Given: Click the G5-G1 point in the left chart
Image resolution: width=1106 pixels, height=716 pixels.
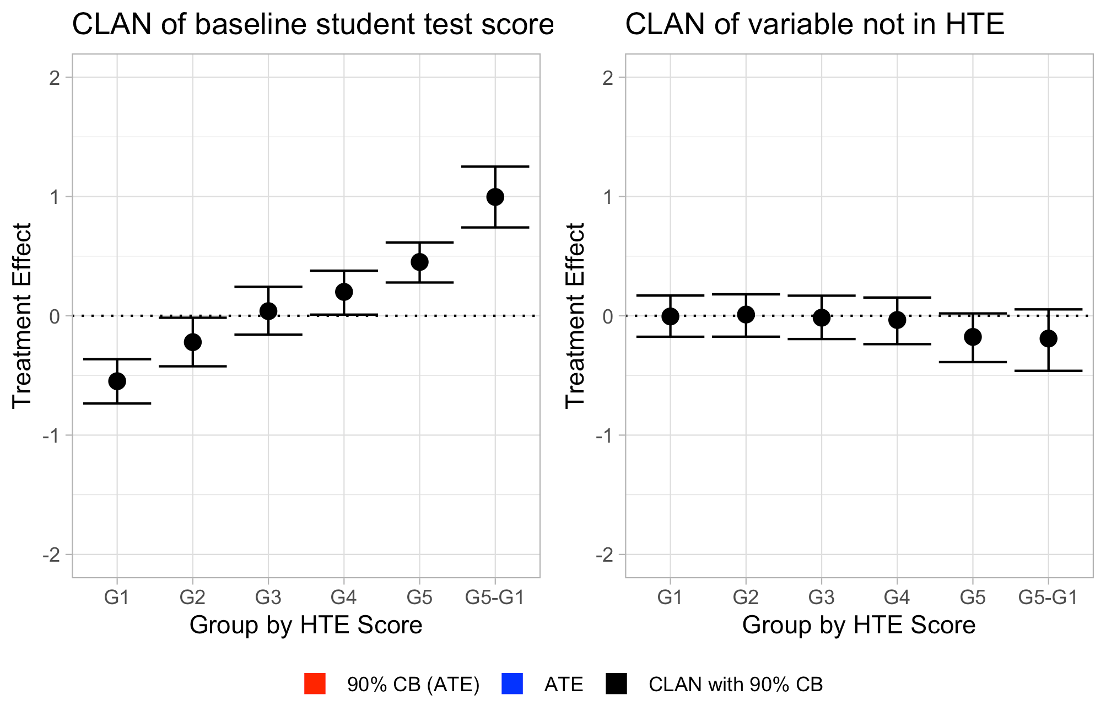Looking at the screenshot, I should (495, 197).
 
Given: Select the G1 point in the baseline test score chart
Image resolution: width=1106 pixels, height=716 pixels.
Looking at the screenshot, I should (117, 381).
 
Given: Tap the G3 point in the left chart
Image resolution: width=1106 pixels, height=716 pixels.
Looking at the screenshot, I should (268, 311).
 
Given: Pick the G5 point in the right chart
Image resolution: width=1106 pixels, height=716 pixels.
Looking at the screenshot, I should (973, 337).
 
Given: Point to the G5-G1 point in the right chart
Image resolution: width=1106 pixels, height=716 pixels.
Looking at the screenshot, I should (1048, 338).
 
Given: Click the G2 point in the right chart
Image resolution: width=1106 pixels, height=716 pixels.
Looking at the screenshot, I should (746, 315).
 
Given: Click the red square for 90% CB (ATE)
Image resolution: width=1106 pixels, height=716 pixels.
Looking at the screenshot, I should (315, 684).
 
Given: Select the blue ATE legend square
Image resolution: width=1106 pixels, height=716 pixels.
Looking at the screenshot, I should (512, 684).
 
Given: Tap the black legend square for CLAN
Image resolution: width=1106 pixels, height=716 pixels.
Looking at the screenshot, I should (616, 684).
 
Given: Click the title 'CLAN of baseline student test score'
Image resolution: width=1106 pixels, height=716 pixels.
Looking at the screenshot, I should (313, 25).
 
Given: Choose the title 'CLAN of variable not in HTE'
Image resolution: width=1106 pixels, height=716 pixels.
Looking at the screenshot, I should (814, 25).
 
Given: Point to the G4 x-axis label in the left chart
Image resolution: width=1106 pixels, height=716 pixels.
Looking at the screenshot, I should (344, 597).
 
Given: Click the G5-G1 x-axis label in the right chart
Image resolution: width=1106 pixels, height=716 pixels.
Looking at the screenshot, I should (1048, 597).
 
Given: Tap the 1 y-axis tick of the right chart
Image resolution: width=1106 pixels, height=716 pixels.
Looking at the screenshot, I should (608, 197).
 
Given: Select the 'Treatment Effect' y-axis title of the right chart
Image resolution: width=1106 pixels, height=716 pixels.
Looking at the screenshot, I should (575, 316).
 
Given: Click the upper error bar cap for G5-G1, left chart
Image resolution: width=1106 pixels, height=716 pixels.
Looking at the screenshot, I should (495, 166).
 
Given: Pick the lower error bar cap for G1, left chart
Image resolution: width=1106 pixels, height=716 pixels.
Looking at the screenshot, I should (117, 403).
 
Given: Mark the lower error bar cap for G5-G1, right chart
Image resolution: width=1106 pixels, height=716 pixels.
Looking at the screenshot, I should (1048, 371).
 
